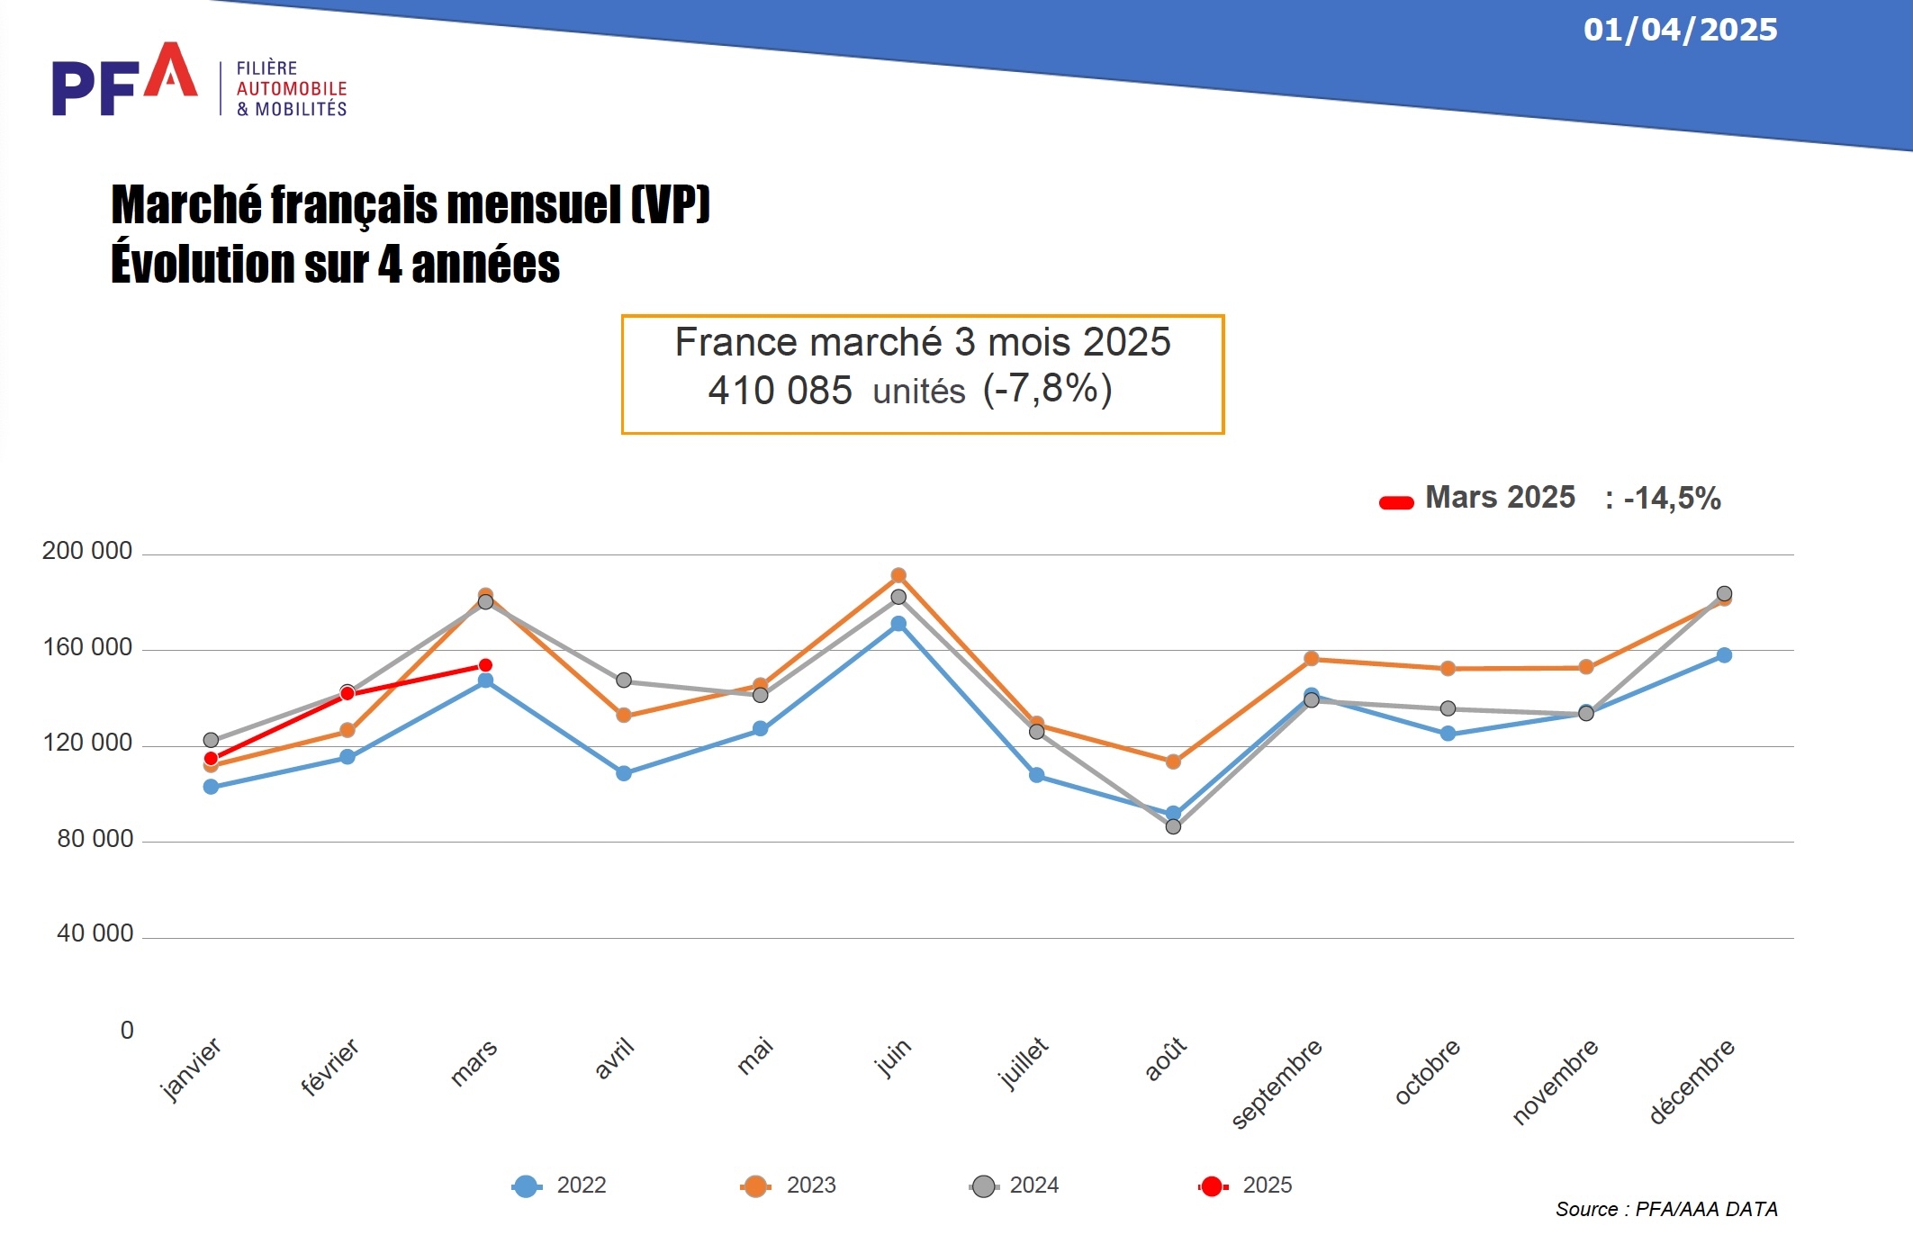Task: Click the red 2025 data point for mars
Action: coord(485,665)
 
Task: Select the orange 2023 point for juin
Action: coord(898,575)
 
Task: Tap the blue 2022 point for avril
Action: coord(624,773)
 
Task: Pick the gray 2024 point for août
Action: coord(1173,826)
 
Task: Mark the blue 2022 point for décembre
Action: coord(1724,655)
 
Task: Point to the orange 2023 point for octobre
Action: coord(1448,669)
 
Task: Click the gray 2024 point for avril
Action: coord(624,680)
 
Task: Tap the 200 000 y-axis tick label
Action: coord(87,551)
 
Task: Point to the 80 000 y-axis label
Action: coord(95,839)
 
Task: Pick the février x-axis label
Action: coord(329,1068)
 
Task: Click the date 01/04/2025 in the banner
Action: coord(1680,30)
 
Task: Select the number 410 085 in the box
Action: coord(780,391)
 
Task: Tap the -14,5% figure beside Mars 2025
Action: coord(1672,498)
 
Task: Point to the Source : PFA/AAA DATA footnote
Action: coord(1666,1209)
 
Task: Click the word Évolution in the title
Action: coord(203,264)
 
